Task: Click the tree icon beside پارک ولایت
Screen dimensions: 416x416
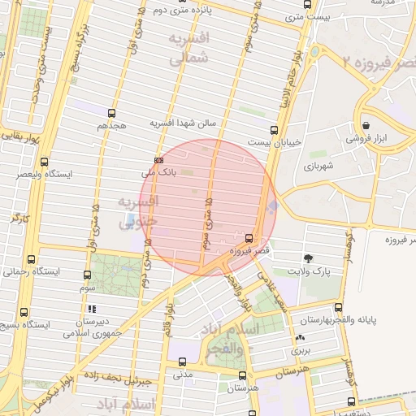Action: tap(308, 258)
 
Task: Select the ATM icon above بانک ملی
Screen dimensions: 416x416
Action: tap(158, 161)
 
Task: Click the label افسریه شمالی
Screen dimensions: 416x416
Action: tap(191, 48)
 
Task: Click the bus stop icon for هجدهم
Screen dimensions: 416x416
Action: tap(111, 114)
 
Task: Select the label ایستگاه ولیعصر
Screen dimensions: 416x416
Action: tap(51, 174)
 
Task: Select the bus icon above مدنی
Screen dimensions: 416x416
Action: tap(182, 362)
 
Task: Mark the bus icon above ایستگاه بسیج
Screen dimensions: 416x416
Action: tap(24, 311)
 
